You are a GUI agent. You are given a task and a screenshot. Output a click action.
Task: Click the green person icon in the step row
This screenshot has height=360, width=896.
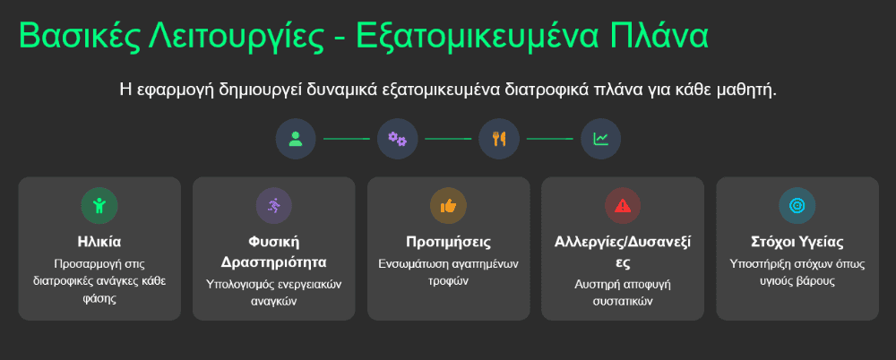pos(296,139)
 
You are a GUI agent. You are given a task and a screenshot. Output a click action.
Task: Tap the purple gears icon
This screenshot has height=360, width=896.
pos(397,139)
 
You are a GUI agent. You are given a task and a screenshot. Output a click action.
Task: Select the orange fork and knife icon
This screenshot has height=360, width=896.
pos(499,139)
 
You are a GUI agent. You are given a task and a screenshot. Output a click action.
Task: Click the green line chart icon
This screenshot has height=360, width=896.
pos(600,139)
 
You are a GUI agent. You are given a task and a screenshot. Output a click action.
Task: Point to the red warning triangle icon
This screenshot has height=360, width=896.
pos(623,206)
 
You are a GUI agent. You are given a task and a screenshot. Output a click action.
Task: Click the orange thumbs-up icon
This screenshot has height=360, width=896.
pos(448,206)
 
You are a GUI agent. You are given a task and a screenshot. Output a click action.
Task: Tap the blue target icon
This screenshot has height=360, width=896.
pos(797,206)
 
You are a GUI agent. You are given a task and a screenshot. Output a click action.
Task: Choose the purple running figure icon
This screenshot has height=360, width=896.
pos(273,206)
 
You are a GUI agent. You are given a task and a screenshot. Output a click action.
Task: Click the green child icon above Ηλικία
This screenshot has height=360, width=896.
pos(99,206)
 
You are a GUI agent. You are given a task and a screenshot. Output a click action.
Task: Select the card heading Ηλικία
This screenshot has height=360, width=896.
pos(99,242)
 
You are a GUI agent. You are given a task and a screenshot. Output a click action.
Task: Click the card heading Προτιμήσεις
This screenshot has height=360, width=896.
pos(449,242)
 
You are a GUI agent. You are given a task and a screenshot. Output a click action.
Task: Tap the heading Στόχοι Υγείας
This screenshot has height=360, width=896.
pos(797,242)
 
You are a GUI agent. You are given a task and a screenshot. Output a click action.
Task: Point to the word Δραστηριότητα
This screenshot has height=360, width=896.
pos(273,263)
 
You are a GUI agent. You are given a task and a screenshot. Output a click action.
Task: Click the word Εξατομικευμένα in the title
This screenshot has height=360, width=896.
pos(478,37)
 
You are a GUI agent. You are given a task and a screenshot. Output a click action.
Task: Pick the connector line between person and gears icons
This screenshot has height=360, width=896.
pos(346,139)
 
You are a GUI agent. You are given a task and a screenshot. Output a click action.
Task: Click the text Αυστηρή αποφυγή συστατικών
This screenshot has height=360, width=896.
pos(623,293)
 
